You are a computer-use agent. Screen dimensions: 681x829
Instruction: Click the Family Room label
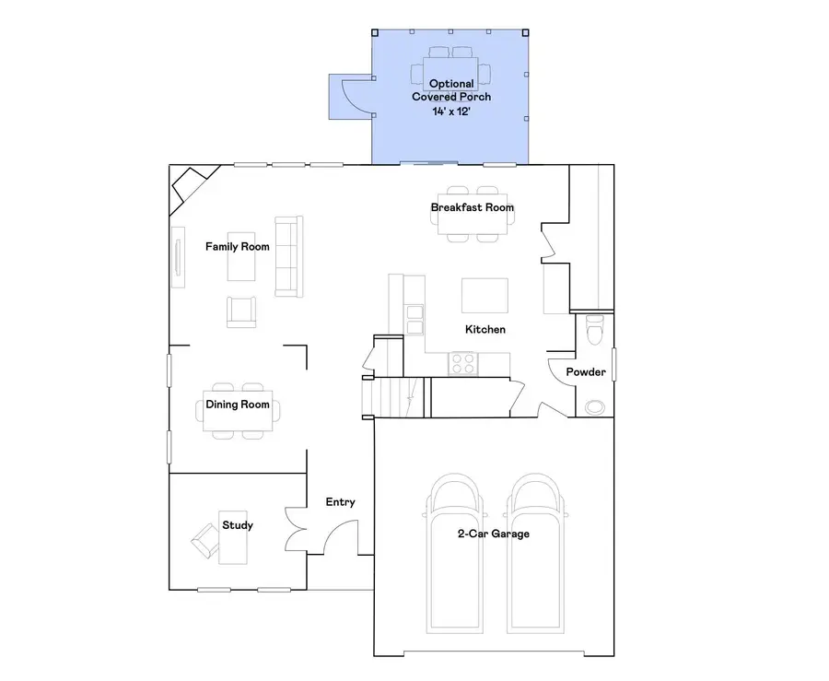[237, 246]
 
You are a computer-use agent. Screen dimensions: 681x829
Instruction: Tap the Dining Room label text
[238, 405]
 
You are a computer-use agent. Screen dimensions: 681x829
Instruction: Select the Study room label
[238, 525]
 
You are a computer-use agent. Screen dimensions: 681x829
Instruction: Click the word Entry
[340, 502]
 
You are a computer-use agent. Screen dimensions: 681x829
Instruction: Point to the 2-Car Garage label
[494, 534]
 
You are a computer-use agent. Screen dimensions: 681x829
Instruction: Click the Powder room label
[586, 372]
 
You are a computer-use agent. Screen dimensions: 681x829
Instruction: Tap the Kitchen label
[485, 329]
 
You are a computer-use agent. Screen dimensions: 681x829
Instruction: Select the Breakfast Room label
[473, 207]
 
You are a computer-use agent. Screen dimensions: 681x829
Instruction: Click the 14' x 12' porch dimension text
[451, 111]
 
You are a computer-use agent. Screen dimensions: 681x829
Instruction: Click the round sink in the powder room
[595, 405]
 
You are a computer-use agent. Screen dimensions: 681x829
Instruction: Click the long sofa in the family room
[288, 256]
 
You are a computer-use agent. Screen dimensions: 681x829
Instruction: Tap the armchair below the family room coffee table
[241, 311]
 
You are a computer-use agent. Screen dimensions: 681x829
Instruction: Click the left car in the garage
[452, 553]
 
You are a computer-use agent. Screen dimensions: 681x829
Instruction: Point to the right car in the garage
[535, 553]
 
